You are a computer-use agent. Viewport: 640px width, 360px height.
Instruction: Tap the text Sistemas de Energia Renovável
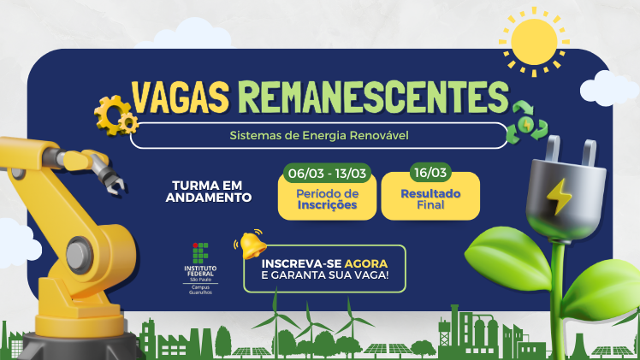click(x=320, y=135)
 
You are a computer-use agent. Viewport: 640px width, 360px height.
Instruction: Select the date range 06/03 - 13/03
click(x=328, y=174)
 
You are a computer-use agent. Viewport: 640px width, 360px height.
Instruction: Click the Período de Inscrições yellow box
click(x=328, y=200)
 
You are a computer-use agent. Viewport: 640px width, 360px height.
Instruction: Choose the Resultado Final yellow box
click(x=430, y=199)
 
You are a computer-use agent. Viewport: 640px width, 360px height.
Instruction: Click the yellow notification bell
click(x=252, y=245)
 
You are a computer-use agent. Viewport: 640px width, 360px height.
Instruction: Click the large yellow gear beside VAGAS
click(x=112, y=113)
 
